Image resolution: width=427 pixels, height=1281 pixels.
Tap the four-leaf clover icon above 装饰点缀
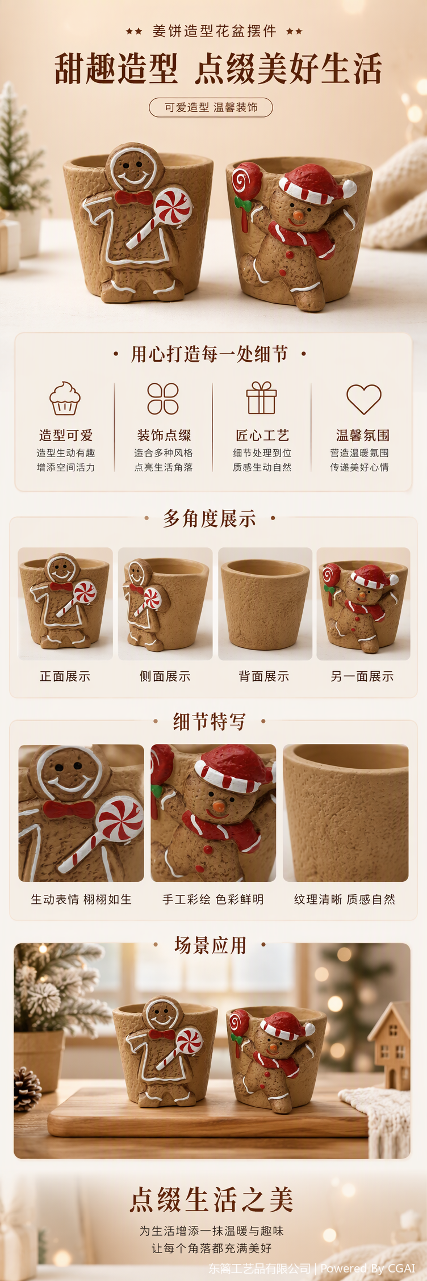[163, 398]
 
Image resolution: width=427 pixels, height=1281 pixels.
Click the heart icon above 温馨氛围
[364, 399]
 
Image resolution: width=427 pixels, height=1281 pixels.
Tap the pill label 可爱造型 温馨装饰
[211, 107]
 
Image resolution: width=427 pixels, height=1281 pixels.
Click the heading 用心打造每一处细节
[210, 354]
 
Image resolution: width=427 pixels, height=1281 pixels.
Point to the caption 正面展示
[65, 676]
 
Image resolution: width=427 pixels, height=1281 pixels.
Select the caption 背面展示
[264, 676]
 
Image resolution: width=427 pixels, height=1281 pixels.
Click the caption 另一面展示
[362, 676]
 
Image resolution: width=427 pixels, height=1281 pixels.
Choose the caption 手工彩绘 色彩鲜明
[213, 899]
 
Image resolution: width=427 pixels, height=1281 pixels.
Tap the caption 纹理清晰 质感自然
[345, 899]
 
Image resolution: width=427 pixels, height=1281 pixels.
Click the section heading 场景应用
[210, 945]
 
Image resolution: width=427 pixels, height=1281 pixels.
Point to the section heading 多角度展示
[210, 518]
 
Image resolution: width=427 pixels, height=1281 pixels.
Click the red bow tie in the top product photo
[133, 197]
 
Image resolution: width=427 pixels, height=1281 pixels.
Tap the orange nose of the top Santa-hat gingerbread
[298, 216]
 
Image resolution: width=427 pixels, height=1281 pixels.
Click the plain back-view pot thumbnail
[265, 604]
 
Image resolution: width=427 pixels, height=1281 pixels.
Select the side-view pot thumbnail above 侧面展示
[165, 604]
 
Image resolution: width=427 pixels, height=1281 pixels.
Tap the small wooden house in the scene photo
[391, 1046]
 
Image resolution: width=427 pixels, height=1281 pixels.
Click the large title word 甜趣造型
[116, 69]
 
